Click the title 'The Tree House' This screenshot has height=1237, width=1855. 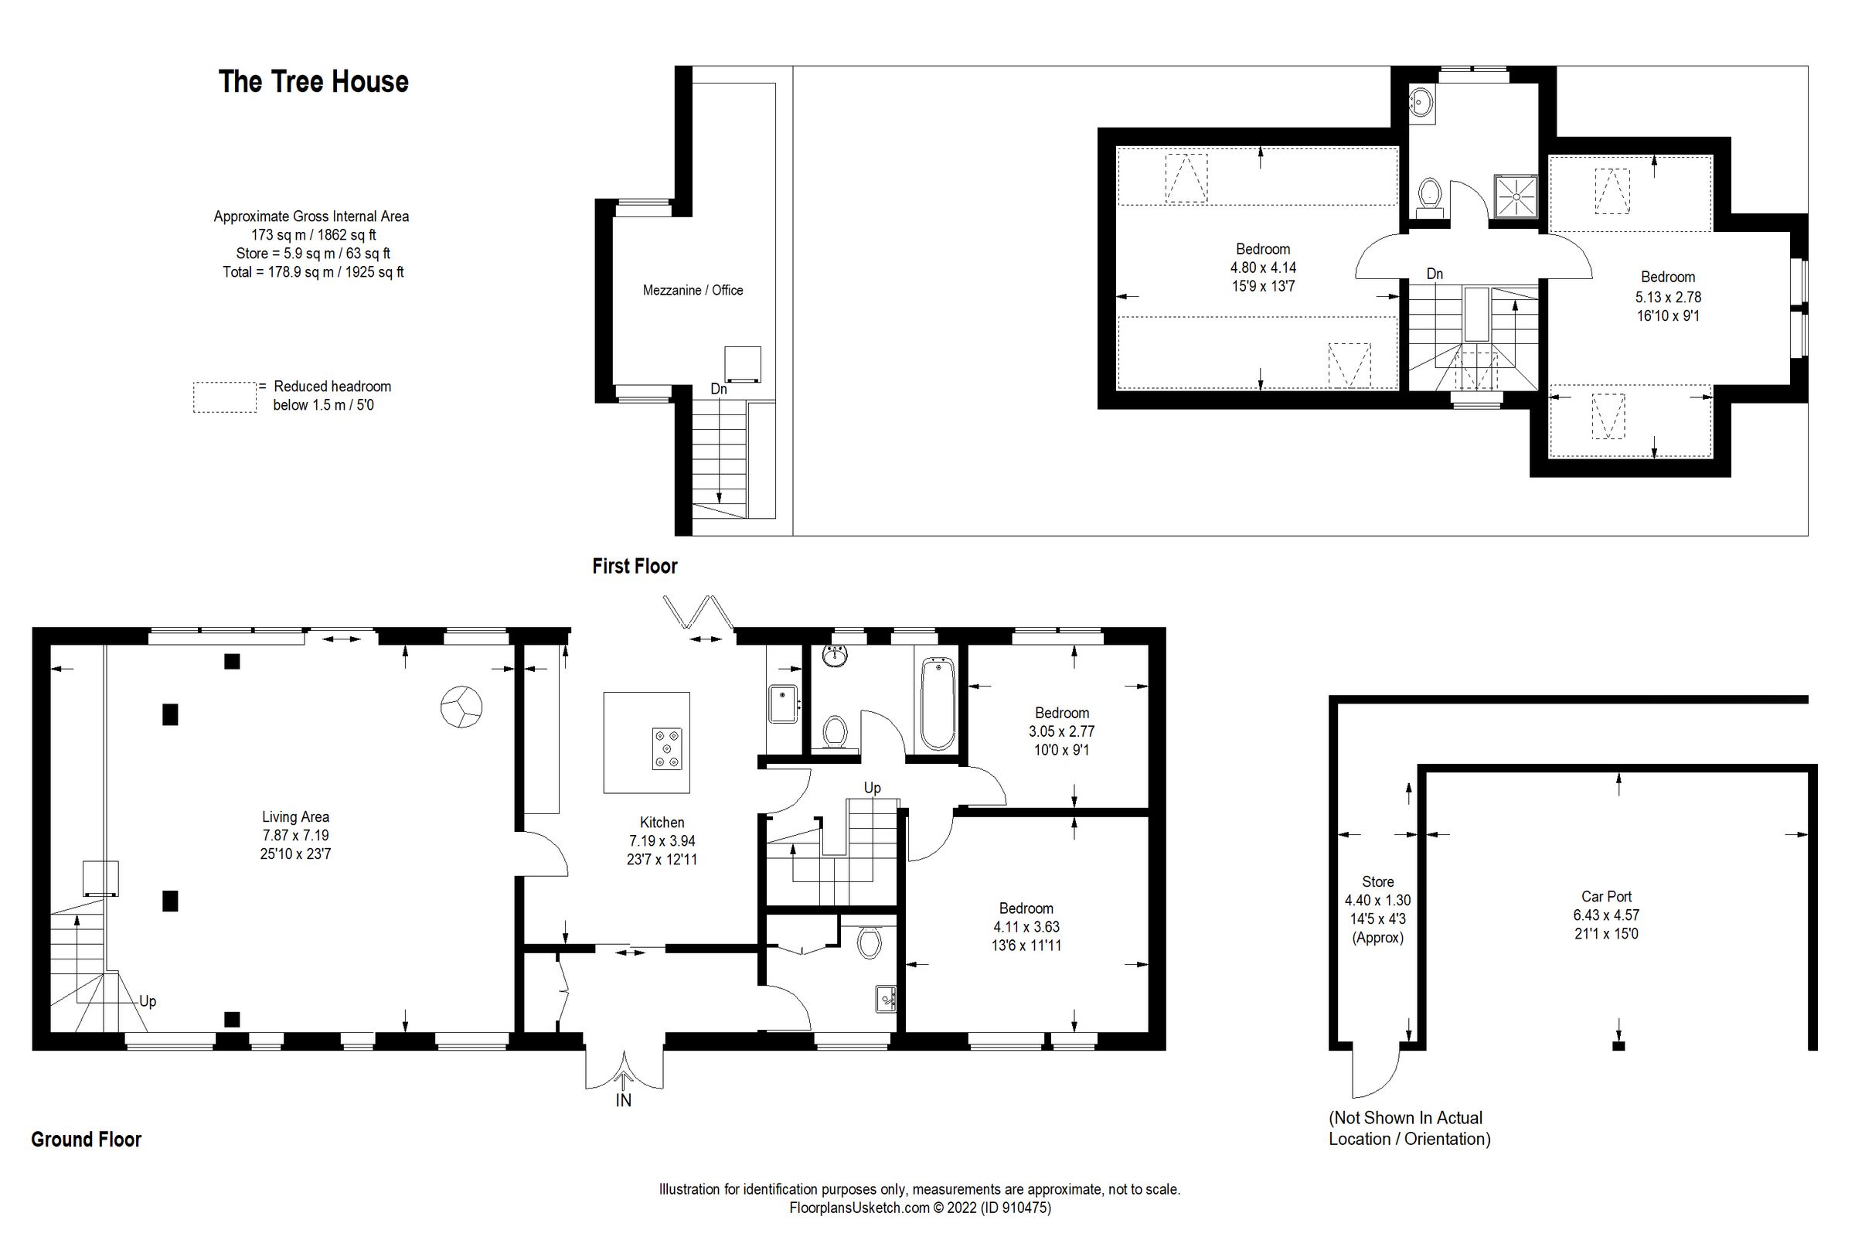[313, 82]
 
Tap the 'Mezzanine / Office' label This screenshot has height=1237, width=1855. [693, 291]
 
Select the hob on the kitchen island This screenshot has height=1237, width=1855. [667, 748]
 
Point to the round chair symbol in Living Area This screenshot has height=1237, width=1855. [461, 706]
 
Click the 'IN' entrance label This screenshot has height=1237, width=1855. [623, 1100]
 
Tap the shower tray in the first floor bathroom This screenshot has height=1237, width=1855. [1515, 195]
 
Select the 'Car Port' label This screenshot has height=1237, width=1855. [1606, 897]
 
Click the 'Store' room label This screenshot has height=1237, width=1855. [1377, 882]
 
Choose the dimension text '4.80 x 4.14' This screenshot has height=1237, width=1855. [1263, 268]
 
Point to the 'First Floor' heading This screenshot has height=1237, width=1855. [635, 567]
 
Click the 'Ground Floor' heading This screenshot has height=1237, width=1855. [86, 1140]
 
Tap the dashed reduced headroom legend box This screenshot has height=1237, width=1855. [225, 397]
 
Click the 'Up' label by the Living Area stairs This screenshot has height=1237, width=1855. [148, 1001]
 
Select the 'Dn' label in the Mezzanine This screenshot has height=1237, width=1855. [719, 389]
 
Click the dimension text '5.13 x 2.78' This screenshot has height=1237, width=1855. [1667, 298]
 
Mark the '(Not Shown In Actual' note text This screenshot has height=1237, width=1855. [1405, 1118]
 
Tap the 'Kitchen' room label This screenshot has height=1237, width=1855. [662, 822]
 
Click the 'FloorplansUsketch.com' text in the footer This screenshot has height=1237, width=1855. [859, 1208]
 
